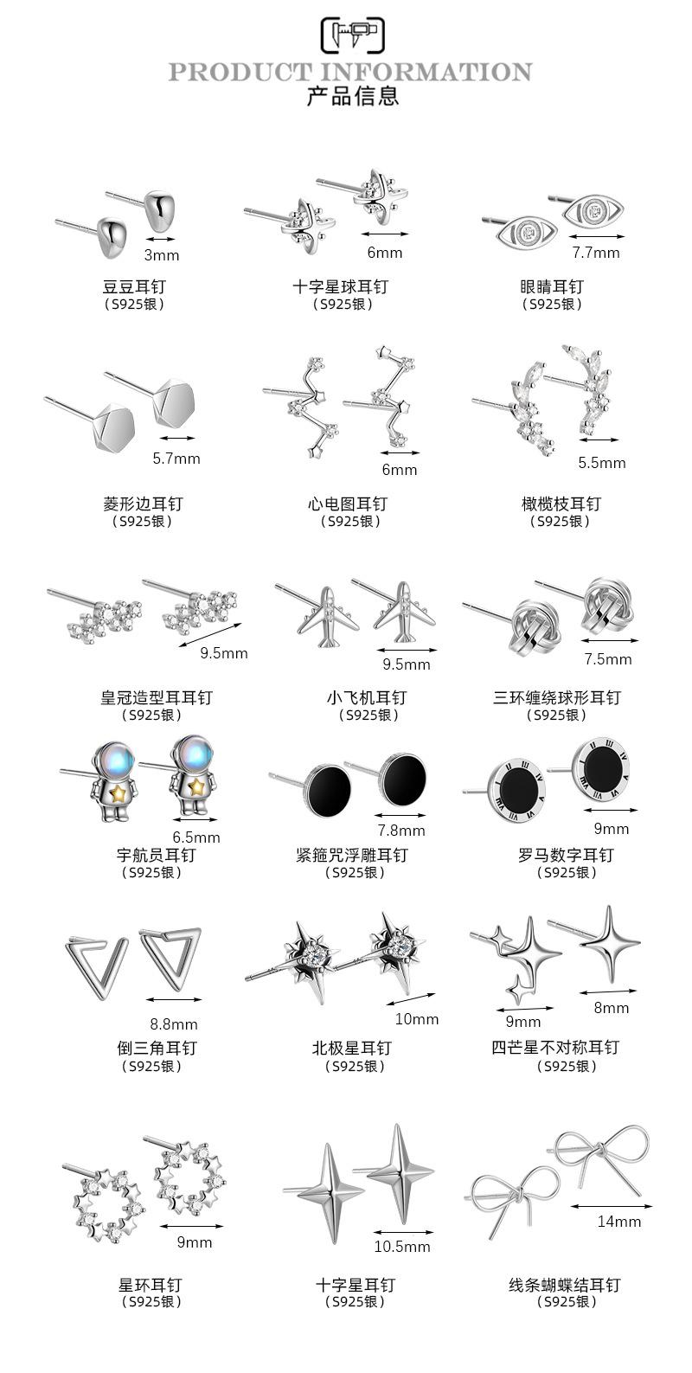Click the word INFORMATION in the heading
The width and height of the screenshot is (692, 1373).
tap(426, 72)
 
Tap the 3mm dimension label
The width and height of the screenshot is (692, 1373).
tap(161, 255)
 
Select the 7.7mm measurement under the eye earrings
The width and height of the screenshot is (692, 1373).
tap(596, 253)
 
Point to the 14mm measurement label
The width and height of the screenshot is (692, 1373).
tap(619, 1222)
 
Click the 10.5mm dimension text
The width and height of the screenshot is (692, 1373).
tap(402, 1247)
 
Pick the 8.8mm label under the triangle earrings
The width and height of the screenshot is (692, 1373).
tap(174, 1025)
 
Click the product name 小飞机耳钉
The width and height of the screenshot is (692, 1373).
tap(366, 697)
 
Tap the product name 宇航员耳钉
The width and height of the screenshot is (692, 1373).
tap(156, 855)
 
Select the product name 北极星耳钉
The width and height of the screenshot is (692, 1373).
tap(352, 1048)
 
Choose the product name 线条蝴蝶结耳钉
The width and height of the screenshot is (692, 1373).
tap(564, 1286)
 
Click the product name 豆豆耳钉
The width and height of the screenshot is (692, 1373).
tap(134, 286)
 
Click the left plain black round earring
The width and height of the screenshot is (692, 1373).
tap(324, 786)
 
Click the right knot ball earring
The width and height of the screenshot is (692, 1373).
tap(605, 602)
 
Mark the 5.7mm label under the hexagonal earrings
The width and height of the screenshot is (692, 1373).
tap(176, 459)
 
